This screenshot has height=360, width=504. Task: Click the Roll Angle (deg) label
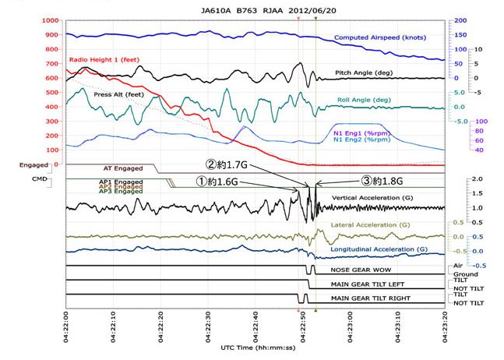pyautogui.click(x=365, y=100)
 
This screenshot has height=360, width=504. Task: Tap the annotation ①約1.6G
pyautogui.click(x=219, y=181)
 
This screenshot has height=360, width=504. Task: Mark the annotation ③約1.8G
pyautogui.click(x=386, y=181)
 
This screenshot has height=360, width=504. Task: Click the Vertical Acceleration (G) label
pyautogui.click(x=382, y=198)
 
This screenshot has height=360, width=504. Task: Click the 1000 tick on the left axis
pyautogui.click(x=48, y=20)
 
